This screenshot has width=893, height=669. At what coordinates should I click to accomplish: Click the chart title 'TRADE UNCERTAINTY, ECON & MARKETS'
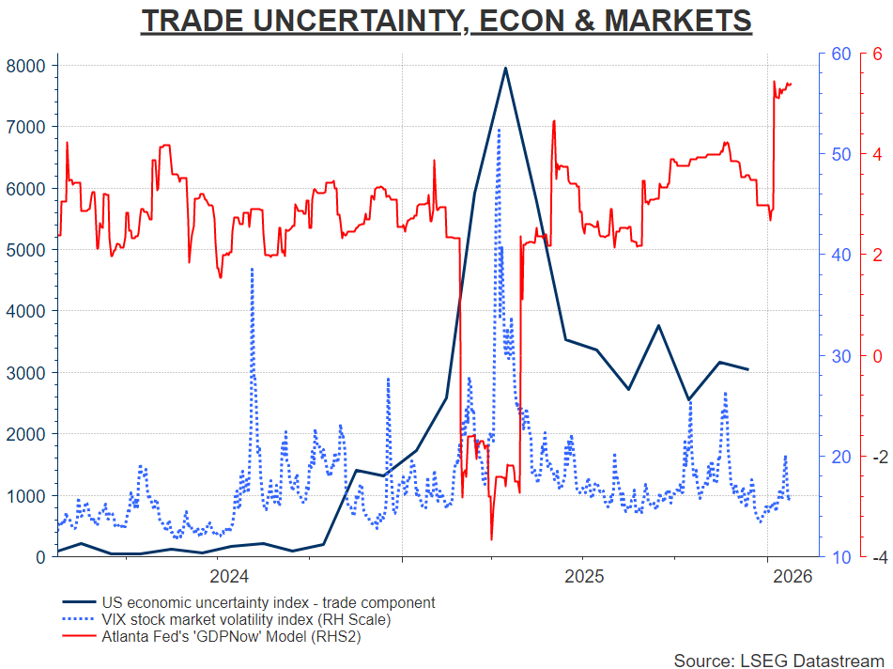446,21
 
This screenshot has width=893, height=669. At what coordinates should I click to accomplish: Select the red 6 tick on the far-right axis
877,54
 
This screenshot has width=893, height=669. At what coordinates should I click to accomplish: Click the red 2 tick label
877,255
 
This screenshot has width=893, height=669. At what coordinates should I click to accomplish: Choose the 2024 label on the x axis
228,575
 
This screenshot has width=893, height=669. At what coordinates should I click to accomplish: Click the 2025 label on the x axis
584,575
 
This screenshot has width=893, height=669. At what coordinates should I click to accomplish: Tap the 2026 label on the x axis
787,575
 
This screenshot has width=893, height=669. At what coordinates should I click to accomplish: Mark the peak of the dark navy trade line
505,68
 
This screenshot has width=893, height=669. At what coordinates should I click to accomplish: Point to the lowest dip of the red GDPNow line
491,539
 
